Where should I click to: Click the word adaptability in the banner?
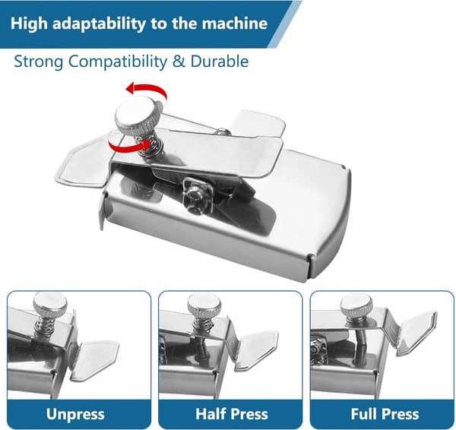(99, 24)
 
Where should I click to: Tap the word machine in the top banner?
(234, 24)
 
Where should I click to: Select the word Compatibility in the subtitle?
(118, 62)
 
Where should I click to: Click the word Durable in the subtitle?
(220, 62)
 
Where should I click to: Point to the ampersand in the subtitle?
(179, 62)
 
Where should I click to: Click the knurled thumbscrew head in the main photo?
(138, 115)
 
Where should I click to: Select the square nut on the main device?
(197, 191)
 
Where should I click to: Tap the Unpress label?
(75, 414)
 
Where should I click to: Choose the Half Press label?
(232, 414)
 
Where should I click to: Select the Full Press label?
(385, 414)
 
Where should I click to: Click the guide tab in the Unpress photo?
(93, 361)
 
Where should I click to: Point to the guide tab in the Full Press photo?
(416, 333)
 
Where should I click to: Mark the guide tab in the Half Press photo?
(255, 351)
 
